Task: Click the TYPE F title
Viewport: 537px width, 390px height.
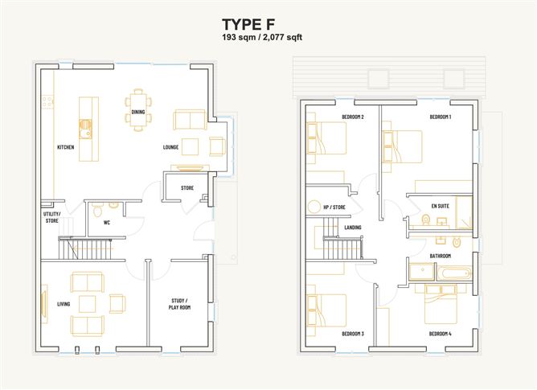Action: [248, 25]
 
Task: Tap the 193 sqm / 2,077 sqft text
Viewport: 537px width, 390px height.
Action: [262, 37]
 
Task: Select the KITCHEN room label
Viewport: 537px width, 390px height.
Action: [65, 147]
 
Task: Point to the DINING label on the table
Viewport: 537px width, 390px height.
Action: [138, 112]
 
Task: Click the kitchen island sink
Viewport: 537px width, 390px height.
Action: [85, 129]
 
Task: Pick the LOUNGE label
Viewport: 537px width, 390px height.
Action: [170, 147]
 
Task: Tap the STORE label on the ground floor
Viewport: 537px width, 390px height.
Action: [187, 188]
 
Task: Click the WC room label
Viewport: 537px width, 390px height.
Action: [107, 223]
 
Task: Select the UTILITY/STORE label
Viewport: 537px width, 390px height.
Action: [51, 217]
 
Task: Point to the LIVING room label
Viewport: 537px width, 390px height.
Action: [64, 304]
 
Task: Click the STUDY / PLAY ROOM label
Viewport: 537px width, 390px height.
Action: [179, 304]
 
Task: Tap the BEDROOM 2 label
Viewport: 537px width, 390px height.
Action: [353, 117]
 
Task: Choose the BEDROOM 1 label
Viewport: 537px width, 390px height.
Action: [441, 117]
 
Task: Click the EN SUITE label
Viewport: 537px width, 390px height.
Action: [440, 206]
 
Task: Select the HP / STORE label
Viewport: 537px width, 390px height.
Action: [334, 207]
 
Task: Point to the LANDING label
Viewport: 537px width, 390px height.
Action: [353, 228]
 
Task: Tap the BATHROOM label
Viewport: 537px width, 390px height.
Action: [440, 256]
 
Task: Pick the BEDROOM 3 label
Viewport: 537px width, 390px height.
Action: [353, 334]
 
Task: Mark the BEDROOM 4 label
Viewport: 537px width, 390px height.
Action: [440, 334]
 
